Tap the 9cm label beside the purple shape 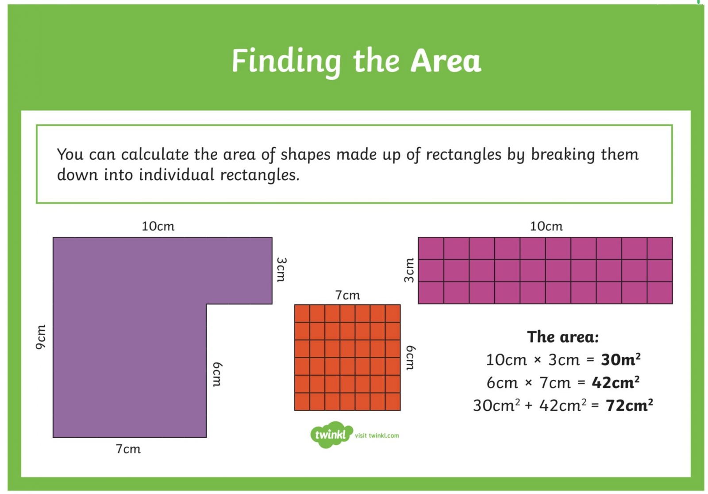41,337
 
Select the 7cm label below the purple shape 128,449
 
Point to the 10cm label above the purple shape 158,227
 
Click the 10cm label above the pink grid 546,227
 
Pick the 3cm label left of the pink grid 409,270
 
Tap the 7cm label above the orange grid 348,295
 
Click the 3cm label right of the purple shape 281,270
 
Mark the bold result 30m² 621,359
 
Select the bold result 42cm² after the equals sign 616,382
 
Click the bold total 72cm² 629,405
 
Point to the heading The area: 563,337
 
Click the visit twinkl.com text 377,436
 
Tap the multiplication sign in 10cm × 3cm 538,360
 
